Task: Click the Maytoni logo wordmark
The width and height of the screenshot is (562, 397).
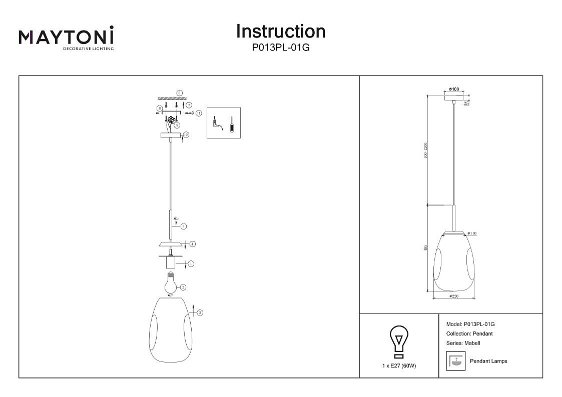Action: point(66,37)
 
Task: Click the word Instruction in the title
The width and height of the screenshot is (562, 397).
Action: point(280,31)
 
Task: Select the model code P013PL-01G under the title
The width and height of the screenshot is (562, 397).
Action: point(280,48)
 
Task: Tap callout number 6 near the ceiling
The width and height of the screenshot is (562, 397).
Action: point(179,93)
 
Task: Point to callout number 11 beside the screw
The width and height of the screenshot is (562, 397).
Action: point(198,113)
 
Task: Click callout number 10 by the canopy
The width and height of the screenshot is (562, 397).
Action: point(186,134)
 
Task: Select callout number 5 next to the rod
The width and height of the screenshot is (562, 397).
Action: point(184,226)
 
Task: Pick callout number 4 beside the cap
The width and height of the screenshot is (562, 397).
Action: point(192,244)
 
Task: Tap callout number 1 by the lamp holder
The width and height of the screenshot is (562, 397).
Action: point(191,263)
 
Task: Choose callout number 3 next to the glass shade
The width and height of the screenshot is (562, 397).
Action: point(200,313)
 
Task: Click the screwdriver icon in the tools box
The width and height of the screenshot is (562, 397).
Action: point(231,124)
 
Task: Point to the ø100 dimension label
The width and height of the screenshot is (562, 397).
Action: point(454,89)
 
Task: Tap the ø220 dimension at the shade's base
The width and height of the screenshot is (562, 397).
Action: point(454,296)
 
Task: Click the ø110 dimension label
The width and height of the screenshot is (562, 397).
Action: point(471,233)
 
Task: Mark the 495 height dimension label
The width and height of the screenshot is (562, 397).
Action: point(425,248)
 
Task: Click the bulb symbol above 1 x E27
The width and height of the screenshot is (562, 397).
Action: point(399,341)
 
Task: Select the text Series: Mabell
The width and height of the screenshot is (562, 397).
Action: point(463,343)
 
